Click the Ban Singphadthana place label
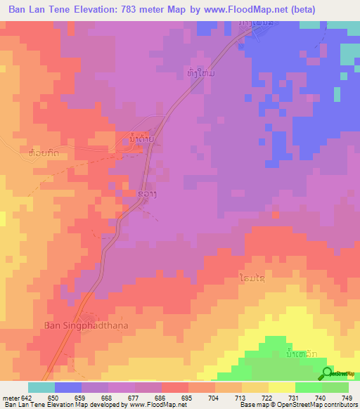click(82, 325)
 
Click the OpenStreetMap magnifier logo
click(326, 374)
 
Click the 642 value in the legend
click(25, 397)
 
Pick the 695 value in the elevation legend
click(186, 397)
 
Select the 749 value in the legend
click(346, 397)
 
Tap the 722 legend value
click(266, 397)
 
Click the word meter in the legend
click(10, 397)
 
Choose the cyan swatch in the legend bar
click(41, 387)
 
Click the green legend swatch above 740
click(309, 387)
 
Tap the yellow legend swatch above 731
click(282, 387)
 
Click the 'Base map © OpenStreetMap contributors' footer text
click(298, 405)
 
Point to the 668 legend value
click(105, 397)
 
